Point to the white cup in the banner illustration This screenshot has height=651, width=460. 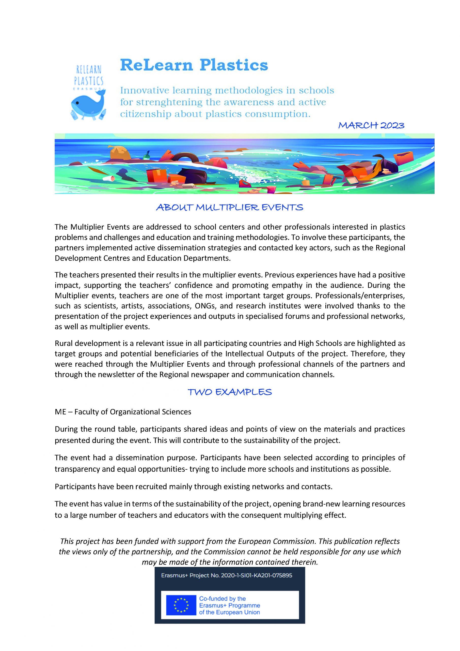(109, 178)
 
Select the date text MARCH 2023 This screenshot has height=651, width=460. (371, 126)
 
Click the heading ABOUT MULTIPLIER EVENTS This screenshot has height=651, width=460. (230, 208)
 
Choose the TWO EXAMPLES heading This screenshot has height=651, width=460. (230, 392)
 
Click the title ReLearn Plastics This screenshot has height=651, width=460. (194, 65)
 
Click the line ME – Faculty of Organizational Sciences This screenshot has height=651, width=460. (123, 412)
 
